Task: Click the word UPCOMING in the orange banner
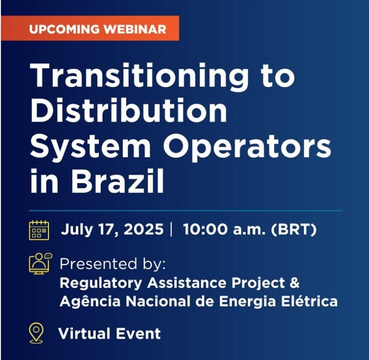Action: point(64,29)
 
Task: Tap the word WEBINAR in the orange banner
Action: point(135,29)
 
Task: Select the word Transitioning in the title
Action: point(139,76)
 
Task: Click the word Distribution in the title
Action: point(128,110)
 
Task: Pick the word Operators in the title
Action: point(247,147)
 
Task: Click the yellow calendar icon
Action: point(39,230)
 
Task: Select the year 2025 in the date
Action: point(143,229)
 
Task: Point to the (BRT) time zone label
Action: point(293,229)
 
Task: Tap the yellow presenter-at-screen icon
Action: point(40,263)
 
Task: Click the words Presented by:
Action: point(112,264)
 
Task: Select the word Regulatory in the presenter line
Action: point(100,283)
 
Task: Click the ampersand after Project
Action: point(294,282)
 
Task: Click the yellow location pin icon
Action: point(36,333)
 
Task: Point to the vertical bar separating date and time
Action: point(171,229)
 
